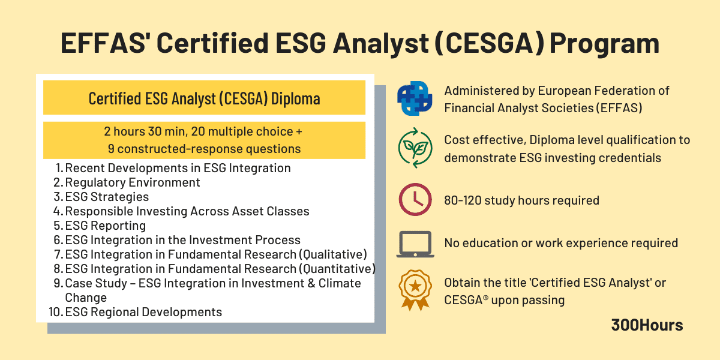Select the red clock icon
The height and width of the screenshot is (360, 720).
click(x=415, y=200)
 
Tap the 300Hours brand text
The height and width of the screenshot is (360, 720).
click(x=647, y=325)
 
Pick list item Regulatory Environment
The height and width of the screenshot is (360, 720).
click(x=133, y=182)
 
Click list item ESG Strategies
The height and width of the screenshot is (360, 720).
click(x=107, y=197)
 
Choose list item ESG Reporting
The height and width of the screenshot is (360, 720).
click(x=106, y=226)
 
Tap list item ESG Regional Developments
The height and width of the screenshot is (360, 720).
click(x=143, y=312)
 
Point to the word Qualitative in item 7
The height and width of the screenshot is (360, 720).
click(x=332, y=254)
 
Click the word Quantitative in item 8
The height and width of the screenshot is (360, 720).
click(x=337, y=269)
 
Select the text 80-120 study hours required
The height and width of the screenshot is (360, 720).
click(x=521, y=200)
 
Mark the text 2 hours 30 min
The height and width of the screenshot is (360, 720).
click(x=141, y=132)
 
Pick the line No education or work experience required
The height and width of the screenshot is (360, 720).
click(x=561, y=243)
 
